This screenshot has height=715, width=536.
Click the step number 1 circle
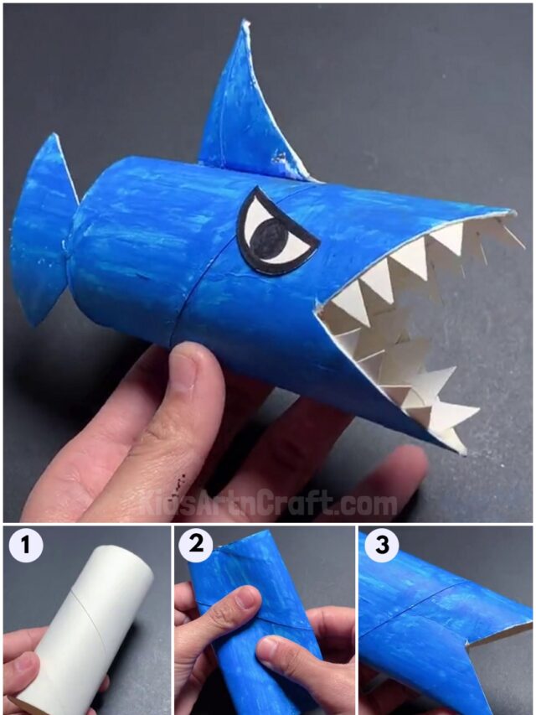[26, 547]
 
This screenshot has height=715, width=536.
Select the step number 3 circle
[382, 547]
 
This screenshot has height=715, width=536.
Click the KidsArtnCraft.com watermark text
[268, 504]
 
